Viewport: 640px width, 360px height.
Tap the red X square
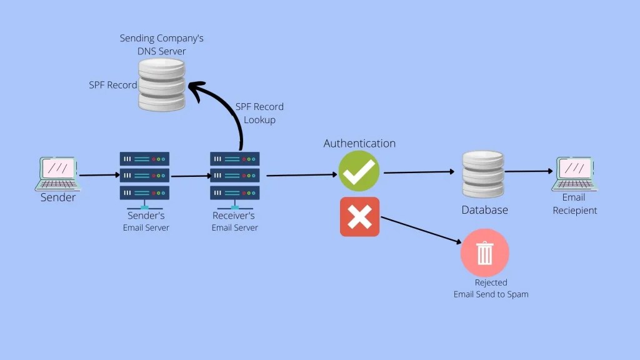coord(359,217)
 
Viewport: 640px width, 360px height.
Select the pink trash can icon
coord(484,253)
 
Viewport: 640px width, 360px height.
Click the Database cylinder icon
coord(483,174)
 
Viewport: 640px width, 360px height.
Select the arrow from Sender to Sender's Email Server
coord(99,176)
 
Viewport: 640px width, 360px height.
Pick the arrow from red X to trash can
coord(422,230)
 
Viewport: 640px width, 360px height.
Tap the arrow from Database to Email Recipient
coord(530,171)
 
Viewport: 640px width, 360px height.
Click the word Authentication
coord(359,143)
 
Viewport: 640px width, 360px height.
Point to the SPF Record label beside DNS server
coord(112,84)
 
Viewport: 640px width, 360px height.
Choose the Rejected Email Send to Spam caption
coord(491,288)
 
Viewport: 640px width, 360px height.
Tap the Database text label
coord(484,210)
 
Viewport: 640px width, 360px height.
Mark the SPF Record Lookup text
coord(259,113)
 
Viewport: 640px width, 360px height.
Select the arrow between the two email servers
coord(190,176)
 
